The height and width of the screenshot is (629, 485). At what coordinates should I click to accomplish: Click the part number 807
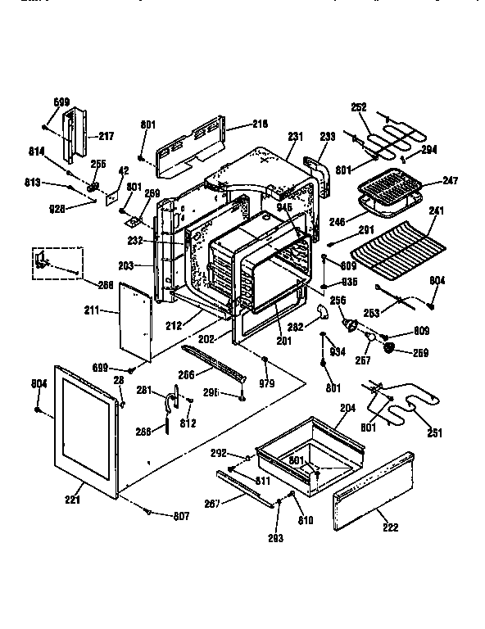[180, 515]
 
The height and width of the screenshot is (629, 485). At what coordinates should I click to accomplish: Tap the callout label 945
[283, 207]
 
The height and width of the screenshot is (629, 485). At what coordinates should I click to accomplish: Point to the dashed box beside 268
[58, 264]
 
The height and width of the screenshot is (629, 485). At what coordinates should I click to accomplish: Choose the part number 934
[335, 352]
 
